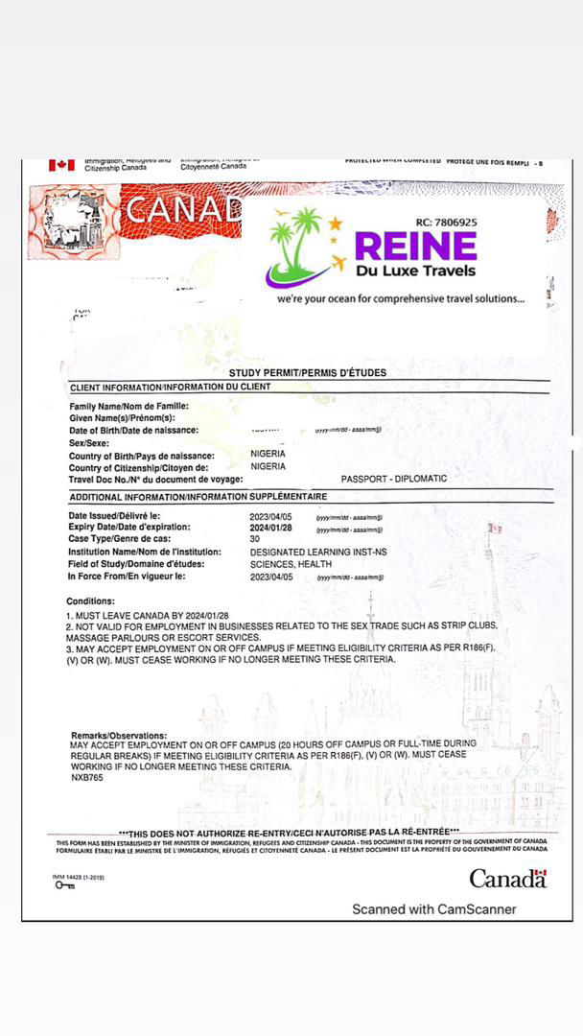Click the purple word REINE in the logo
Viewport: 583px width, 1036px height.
(415, 247)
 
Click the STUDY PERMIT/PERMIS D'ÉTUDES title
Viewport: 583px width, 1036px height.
(308, 372)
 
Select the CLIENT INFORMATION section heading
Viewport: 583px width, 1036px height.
(170, 387)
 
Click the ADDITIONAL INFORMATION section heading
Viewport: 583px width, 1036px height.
(198, 497)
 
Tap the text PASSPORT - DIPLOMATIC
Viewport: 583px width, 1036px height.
(393, 479)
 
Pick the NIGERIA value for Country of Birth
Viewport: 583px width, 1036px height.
(268, 455)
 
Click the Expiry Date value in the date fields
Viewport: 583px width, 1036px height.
(275, 528)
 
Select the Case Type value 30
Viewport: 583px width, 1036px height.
(255, 539)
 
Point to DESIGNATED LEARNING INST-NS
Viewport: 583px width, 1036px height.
(318, 553)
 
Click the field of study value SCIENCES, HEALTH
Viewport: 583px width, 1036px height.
(291, 564)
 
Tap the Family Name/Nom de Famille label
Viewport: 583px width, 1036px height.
(128, 407)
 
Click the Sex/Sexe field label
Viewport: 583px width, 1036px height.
(89, 443)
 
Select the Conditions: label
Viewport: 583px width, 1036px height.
(92, 600)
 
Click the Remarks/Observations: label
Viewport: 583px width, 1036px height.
(119, 735)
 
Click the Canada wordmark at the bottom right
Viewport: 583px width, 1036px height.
(507, 878)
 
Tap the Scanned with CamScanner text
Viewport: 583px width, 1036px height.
(433, 908)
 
